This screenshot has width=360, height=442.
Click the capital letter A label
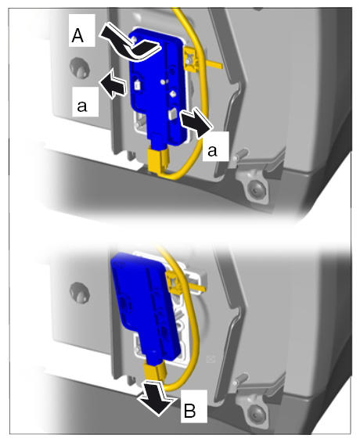77,36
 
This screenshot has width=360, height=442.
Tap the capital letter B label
189,411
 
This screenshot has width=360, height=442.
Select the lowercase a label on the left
81,106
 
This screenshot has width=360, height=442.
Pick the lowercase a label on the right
212,151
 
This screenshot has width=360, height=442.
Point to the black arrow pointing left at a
113,84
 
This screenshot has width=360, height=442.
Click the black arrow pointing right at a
196,123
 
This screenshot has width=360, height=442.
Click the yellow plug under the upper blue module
157,160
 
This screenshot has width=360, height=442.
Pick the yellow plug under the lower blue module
154,372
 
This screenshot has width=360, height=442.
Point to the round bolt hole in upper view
80,67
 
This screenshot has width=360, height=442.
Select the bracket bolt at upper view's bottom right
256,190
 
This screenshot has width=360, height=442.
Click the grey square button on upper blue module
171,114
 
